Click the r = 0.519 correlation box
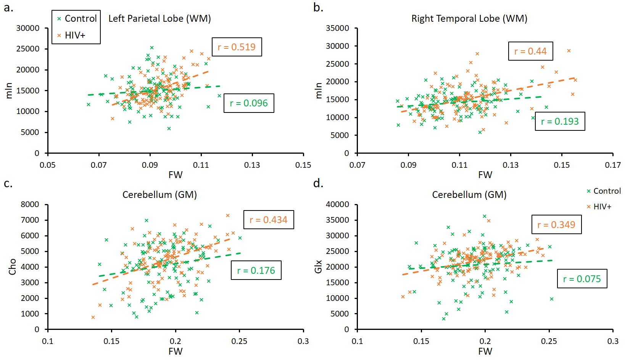pyautogui.click(x=237, y=47)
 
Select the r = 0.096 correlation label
pyautogui.click(x=249, y=103)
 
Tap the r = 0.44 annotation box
pyautogui.click(x=530, y=51)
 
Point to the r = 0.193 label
pyautogui.click(x=560, y=121)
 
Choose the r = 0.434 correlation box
pyautogui.click(x=269, y=220)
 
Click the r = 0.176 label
pyautogui.click(x=256, y=270)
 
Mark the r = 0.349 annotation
pyautogui.click(x=556, y=225)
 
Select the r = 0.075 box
pyautogui.click(x=582, y=279)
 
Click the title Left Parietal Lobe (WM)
pyautogui.click(x=159, y=18)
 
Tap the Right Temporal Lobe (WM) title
pyautogui.click(x=469, y=18)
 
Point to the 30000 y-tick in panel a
pyautogui.click(x=28, y=28)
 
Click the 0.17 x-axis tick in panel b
pyautogui.click(x=613, y=165)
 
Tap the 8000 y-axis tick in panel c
pyautogui.click(x=30, y=204)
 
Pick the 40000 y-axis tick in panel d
pyautogui.click(x=337, y=204)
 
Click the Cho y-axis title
pyautogui.click(x=12, y=267)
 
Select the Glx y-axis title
pyautogui.click(x=318, y=267)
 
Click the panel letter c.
pyautogui.click(x=8, y=183)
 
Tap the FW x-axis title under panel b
pyautogui.click(x=485, y=175)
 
